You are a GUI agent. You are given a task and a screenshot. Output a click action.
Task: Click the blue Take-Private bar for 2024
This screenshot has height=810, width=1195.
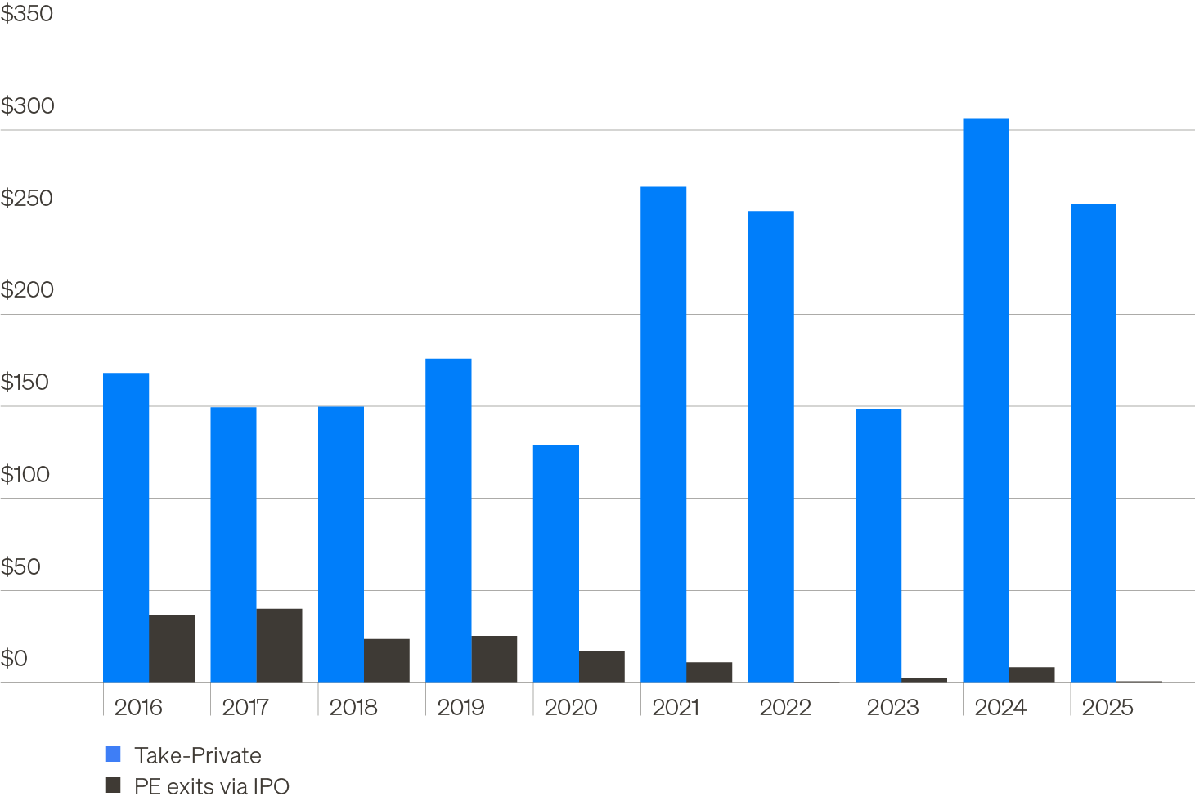click(x=986, y=401)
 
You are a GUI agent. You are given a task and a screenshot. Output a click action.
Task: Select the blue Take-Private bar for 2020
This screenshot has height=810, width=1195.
click(x=555, y=564)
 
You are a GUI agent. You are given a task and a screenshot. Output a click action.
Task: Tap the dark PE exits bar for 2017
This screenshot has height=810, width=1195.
click(x=279, y=646)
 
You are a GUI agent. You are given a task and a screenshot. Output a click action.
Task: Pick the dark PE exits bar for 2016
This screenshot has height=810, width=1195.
click(x=172, y=649)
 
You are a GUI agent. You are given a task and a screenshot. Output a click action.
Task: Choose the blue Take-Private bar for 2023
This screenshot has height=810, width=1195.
click(x=878, y=546)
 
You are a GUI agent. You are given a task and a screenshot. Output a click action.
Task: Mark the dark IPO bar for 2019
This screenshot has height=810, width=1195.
click(x=494, y=660)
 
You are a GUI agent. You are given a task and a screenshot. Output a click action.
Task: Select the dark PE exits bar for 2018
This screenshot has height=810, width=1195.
click(x=387, y=660)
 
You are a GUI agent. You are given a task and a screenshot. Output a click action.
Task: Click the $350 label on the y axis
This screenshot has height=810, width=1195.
click(x=27, y=14)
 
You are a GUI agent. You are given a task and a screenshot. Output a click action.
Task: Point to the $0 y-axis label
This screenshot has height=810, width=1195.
click(x=14, y=659)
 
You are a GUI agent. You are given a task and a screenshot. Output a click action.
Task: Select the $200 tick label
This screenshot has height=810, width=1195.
click(x=27, y=290)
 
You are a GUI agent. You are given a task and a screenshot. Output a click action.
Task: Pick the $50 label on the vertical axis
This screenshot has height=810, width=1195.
click(x=20, y=566)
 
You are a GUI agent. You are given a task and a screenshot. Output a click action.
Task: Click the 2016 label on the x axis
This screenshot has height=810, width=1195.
click(x=138, y=707)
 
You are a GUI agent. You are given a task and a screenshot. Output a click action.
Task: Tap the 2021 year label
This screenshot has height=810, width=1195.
click(x=676, y=707)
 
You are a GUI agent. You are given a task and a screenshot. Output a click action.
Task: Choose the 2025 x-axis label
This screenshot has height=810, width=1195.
click(x=1107, y=707)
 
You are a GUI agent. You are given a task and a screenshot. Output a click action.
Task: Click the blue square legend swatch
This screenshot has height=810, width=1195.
click(x=113, y=754)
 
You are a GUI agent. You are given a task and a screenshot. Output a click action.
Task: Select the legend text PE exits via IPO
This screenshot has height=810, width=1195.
click(x=212, y=786)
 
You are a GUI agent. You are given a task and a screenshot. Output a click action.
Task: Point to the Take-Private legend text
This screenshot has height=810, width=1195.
click(x=198, y=755)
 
